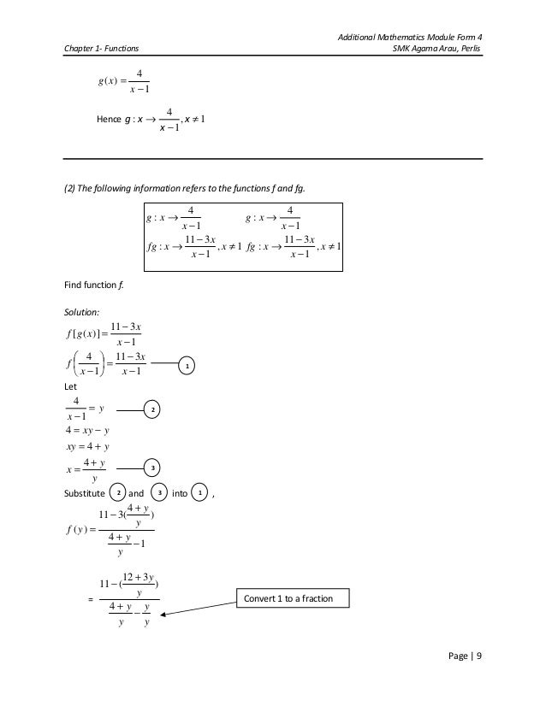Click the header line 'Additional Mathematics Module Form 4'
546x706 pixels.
click(x=411, y=36)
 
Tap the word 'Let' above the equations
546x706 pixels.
click(x=72, y=385)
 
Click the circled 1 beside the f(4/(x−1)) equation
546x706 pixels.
click(x=188, y=366)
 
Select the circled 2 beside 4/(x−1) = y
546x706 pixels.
click(x=151, y=410)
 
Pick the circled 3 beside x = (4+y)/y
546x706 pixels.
click(x=151, y=468)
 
